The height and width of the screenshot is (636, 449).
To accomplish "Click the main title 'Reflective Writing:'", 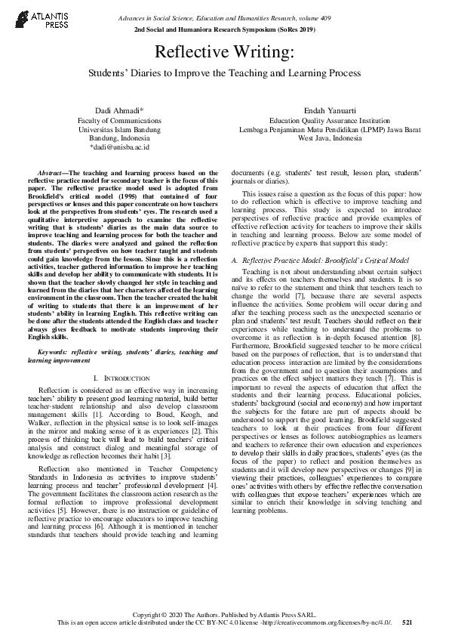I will tap(224, 52).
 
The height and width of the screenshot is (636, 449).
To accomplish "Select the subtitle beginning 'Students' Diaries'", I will tap(224, 73).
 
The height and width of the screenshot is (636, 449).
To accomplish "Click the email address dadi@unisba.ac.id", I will tap(119, 147).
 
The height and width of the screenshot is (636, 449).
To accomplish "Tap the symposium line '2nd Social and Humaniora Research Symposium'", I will tap(224, 29).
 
